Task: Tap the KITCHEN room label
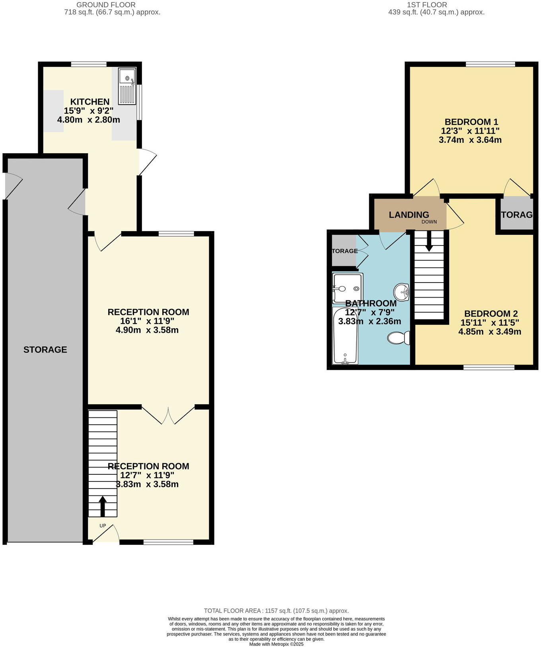90,102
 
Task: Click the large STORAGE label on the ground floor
45,349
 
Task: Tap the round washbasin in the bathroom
401,292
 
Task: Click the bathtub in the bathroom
345,336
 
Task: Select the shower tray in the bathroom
347,288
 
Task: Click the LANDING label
409,215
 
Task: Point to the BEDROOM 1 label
471,122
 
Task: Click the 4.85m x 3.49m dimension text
490,332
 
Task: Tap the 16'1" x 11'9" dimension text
147,321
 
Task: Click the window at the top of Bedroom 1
490,64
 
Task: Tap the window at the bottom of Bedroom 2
489,367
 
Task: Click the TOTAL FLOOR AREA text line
276,610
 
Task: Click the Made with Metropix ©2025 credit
276,644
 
